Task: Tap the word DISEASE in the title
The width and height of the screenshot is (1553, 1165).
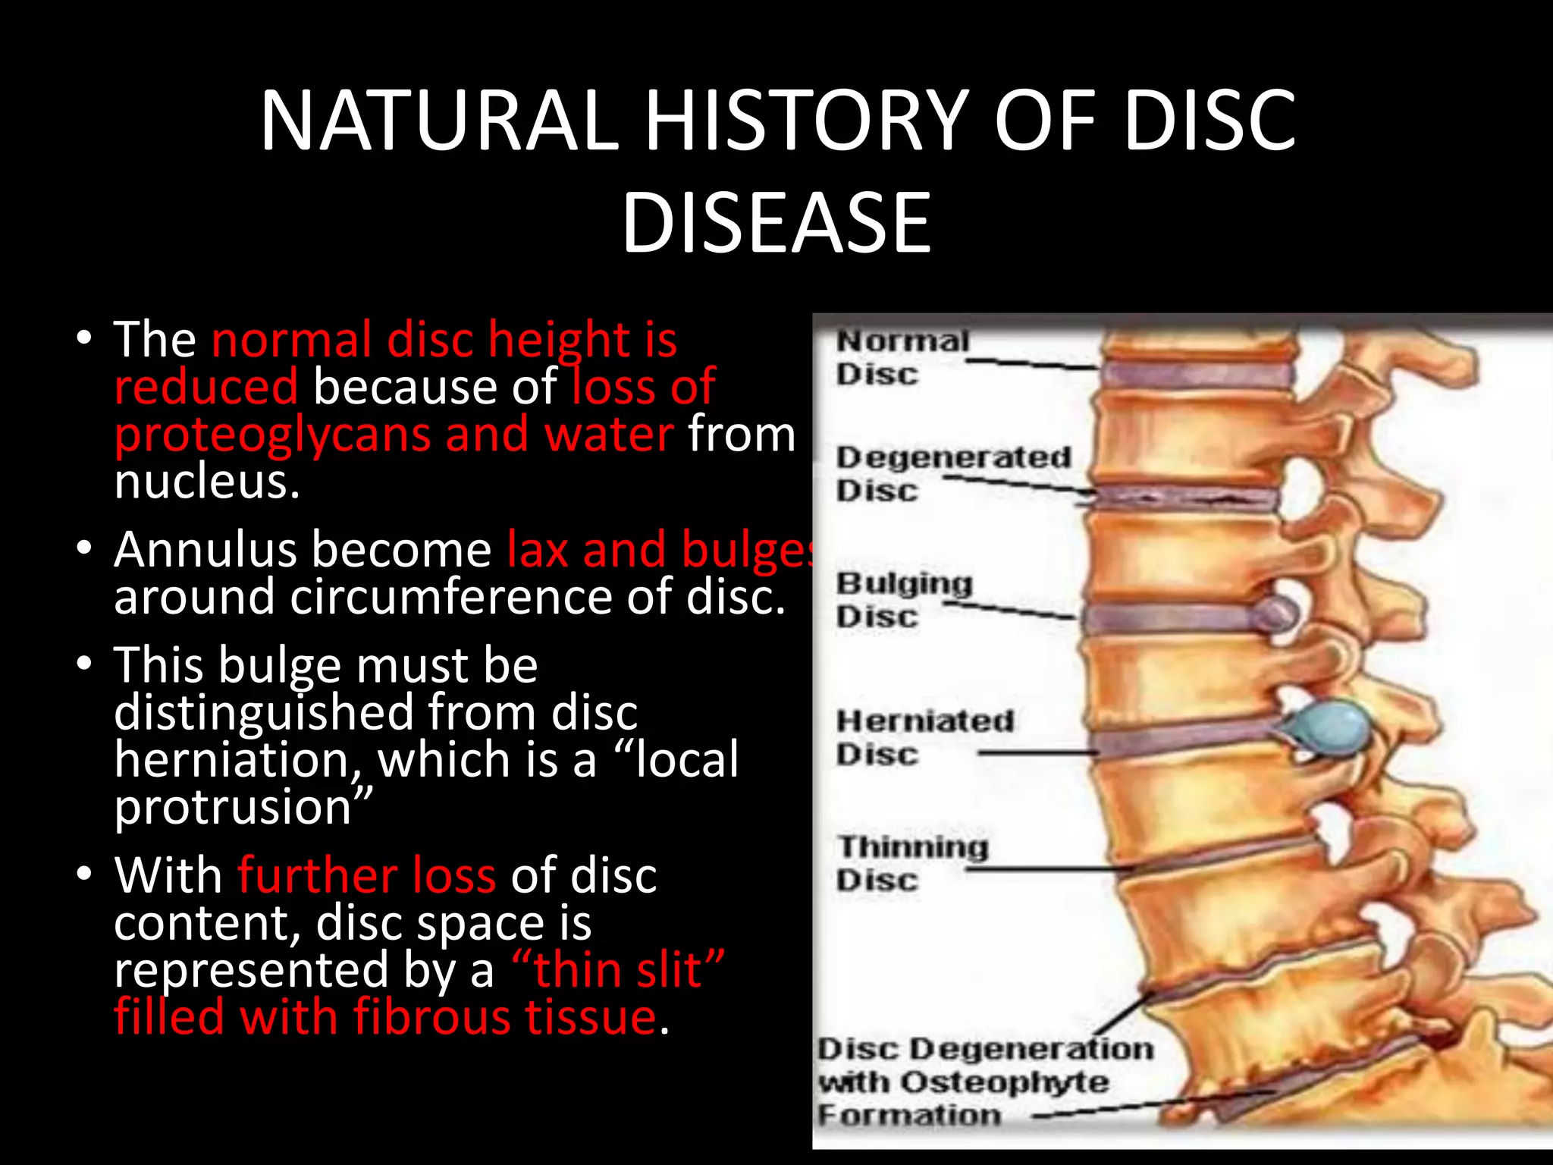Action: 776,223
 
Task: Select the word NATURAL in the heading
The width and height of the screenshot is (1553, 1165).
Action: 439,121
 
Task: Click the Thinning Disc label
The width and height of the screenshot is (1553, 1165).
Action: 912,863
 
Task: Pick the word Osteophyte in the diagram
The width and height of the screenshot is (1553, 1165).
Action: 1006,1082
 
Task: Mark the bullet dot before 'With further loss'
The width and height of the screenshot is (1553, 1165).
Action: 83,874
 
